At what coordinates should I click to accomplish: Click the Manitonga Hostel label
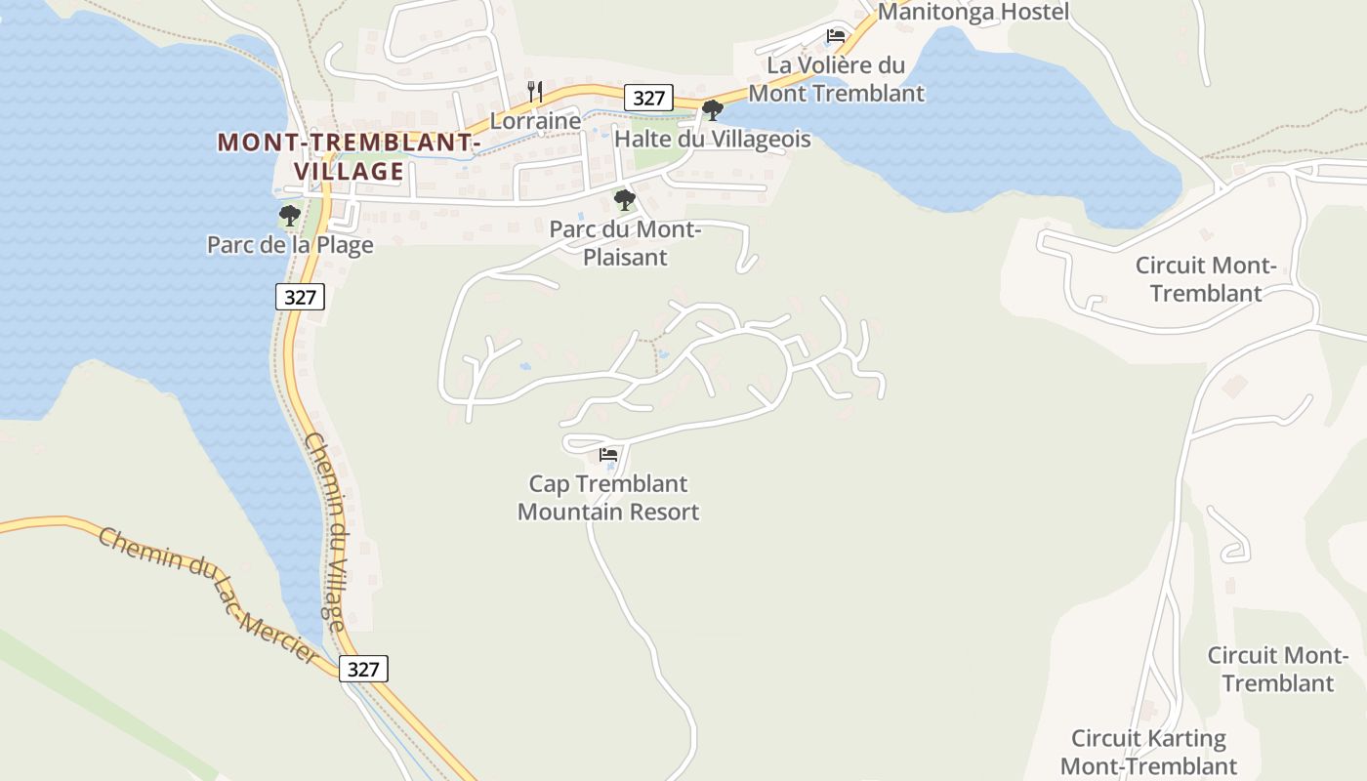click(x=973, y=12)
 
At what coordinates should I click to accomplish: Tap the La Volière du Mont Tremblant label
click(x=836, y=79)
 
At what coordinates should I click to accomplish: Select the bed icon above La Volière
click(x=835, y=36)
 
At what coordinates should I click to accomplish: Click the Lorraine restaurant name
click(x=535, y=121)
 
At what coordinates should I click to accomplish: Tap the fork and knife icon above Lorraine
click(x=535, y=92)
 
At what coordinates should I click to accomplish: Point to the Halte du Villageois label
click(x=713, y=139)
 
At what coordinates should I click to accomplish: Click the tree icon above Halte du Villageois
click(x=713, y=109)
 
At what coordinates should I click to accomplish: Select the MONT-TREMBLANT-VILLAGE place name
click(x=350, y=156)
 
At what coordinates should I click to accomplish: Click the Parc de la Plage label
click(x=290, y=244)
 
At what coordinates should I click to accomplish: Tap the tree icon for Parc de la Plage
click(x=289, y=215)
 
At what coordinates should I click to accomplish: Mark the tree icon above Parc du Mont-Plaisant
click(x=625, y=200)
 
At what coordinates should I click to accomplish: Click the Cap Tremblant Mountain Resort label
click(x=608, y=498)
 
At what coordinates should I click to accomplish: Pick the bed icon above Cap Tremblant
click(x=608, y=455)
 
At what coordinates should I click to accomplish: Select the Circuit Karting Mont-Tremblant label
click(x=1148, y=752)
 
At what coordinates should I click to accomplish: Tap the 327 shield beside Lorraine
click(x=648, y=98)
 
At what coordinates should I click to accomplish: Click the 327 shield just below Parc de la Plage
click(x=300, y=297)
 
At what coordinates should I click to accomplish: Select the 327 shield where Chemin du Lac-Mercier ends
click(x=363, y=669)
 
